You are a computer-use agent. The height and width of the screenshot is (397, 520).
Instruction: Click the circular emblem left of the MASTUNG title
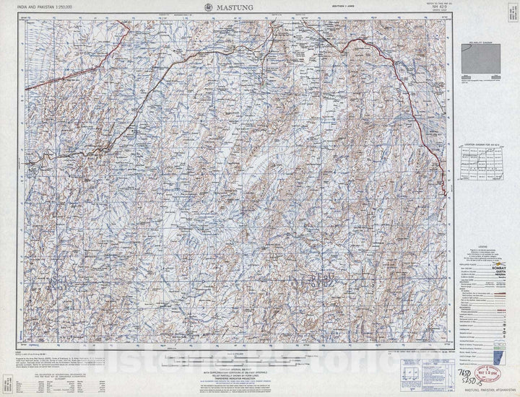[x=207, y=6]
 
